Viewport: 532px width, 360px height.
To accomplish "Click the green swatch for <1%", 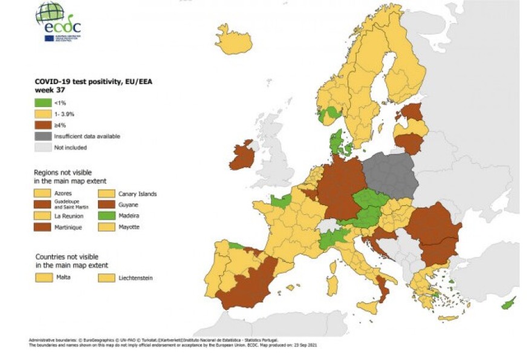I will point(42,103).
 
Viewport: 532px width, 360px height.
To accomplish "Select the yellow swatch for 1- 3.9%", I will point(42,114).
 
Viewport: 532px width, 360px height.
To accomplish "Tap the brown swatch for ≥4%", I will point(42,125).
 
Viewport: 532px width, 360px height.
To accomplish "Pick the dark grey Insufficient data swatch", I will point(42,136).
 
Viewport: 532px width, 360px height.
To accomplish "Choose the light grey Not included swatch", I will point(42,147).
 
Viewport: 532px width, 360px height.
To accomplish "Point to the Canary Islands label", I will point(137,194).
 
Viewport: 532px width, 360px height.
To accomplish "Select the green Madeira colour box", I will point(106,216).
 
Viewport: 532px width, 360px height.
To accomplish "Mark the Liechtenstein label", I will point(135,278).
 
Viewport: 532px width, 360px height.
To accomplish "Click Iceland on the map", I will point(233,42).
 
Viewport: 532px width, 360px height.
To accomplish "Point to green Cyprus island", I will point(508,303).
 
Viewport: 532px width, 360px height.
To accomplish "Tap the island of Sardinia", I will point(332,282).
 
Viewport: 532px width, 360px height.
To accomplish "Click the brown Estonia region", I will point(413,112).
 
